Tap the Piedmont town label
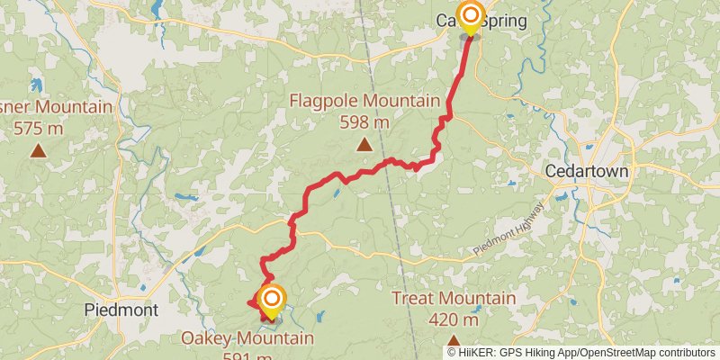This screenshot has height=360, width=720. point(121,310)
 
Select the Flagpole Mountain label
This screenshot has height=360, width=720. point(364,101)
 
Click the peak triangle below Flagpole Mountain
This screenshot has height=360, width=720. point(364,145)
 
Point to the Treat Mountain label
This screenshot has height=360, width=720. point(454,299)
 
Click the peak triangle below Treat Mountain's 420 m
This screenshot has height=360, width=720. point(454,342)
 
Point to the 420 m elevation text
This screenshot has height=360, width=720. point(454,319)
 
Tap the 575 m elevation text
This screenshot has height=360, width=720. point(39,129)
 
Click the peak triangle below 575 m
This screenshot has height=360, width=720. point(38,151)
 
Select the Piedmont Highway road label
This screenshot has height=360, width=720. point(506,240)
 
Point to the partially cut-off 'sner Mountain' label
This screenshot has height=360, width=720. point(56,108)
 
